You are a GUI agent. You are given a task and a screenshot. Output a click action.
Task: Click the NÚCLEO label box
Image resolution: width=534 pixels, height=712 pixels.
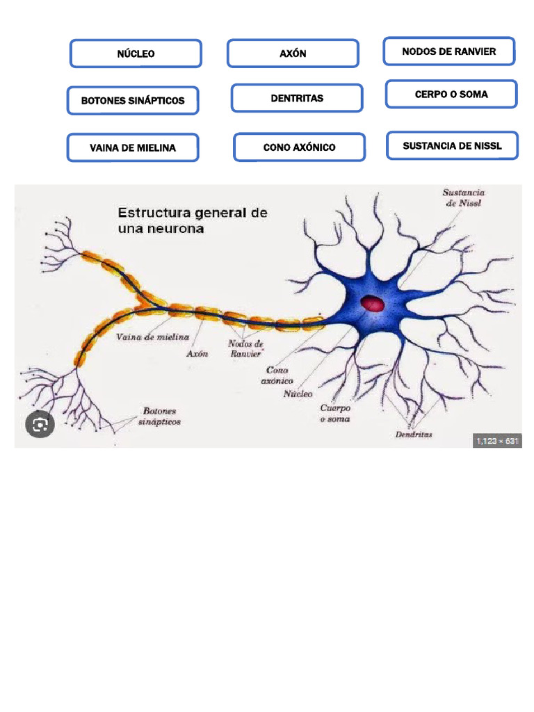point(136,54)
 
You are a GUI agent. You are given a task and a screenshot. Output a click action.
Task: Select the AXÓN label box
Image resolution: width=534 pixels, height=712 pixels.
point(293,54)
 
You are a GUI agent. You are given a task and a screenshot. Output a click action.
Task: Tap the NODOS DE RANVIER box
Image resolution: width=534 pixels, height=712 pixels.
point(449,51)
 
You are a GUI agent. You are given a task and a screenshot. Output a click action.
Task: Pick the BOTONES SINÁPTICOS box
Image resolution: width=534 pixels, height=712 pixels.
point(133,101)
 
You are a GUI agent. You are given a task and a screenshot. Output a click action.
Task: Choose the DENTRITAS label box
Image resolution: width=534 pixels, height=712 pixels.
point(297,98)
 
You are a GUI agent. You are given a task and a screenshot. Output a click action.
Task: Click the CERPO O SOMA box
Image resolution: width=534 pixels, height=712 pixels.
point(451,95)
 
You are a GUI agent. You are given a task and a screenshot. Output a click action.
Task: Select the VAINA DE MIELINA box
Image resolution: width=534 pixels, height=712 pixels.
point(133,147)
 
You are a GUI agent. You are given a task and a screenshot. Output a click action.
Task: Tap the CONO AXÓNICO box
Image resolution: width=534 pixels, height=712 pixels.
point(299,147)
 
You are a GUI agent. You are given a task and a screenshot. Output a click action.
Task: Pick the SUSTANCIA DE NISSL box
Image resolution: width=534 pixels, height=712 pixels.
point(452,146)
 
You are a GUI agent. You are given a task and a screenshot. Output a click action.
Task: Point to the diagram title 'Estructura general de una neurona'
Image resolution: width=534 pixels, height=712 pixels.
point(193,220)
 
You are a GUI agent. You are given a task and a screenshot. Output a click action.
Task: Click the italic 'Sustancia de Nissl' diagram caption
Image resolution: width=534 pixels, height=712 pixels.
point(464,198)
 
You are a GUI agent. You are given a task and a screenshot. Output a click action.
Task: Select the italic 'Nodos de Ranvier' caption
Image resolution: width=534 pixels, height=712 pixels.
point(246,348)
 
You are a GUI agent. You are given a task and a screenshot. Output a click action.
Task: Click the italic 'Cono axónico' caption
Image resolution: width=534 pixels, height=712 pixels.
point(277,375)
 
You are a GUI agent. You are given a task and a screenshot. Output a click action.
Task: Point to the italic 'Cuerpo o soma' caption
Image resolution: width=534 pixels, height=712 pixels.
point(335,414)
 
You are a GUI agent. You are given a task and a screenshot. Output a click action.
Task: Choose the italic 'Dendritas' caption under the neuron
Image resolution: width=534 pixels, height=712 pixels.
point(414,435)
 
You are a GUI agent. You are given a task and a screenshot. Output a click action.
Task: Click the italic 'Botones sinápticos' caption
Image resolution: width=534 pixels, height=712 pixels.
point(159,416)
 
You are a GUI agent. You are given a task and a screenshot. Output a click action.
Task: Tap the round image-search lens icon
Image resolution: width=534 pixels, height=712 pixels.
point(40,424)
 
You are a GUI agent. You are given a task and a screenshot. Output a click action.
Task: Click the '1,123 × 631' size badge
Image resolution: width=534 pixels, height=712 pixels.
point(497,441)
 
